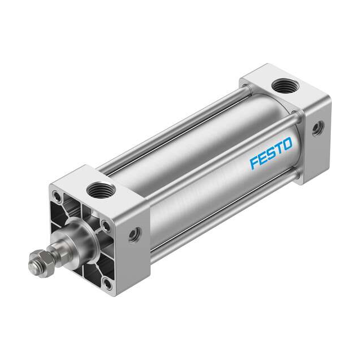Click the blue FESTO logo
(271, 153)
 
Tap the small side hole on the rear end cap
(318, 128)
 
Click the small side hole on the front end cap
(134, 235)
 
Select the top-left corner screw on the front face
(57, 196)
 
